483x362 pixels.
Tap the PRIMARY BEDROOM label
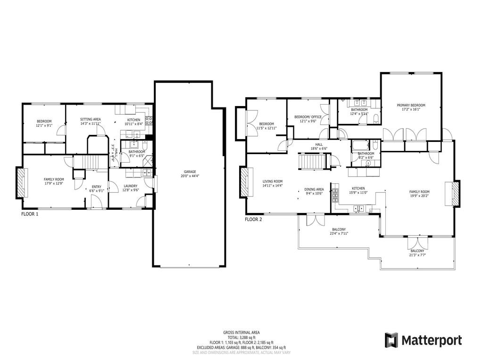[x=411, y=105]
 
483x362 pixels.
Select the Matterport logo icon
[x=391, y=340]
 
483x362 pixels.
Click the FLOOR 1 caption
[x=30, y=214]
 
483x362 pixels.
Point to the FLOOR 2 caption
[x=253, y=219]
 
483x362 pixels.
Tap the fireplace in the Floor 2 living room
[x=245, y=183]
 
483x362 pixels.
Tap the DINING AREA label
[x=314, y=189]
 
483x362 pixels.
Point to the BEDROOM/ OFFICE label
[x=308, y=117]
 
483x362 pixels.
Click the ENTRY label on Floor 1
[x=96, y=186]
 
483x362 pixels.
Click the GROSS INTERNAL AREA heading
[x=241, y=332]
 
